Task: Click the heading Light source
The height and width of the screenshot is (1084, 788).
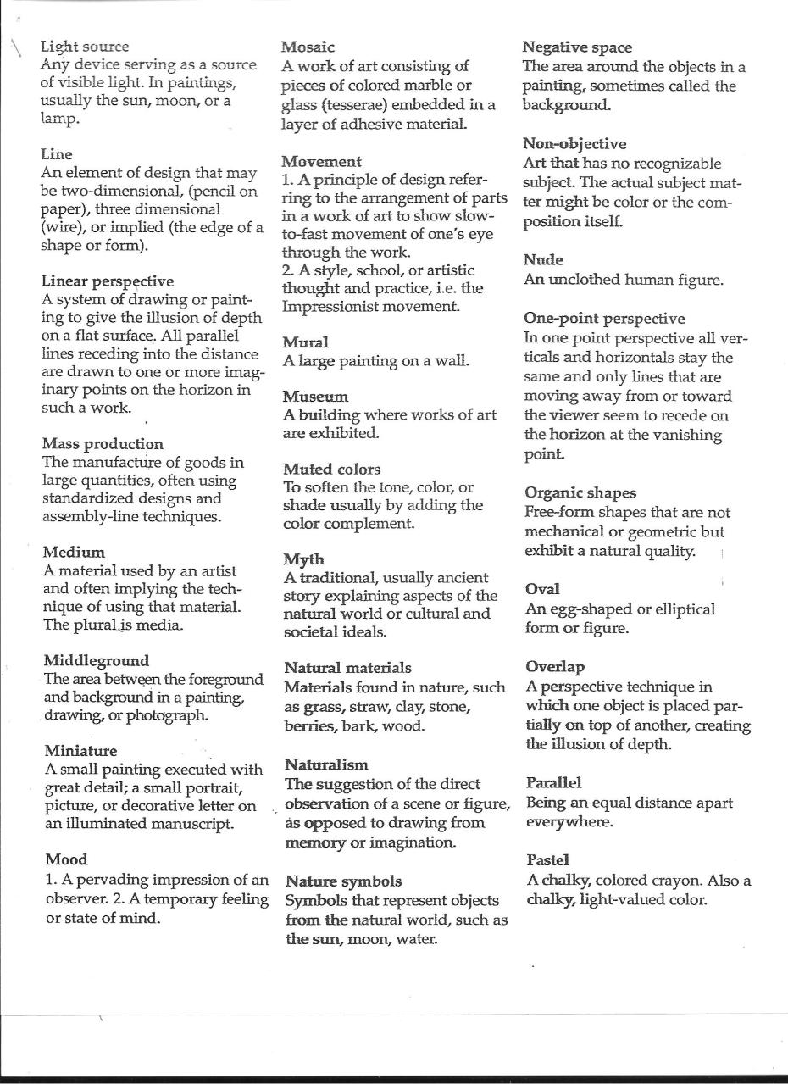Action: click(x=85, y=47)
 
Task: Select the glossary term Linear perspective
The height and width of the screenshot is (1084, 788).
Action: click(x=108, y=281)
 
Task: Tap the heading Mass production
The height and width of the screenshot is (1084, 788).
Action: click(x=103, y=443)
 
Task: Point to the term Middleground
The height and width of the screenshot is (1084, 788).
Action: click(x=96, y=660)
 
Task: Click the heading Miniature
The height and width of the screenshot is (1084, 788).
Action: click(x=80, y=750)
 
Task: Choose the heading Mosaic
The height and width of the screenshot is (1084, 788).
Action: click(x=308, y=47)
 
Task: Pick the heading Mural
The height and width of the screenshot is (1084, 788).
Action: click(x=305, y=342)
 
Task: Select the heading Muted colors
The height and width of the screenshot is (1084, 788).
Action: click(x=331, y=469)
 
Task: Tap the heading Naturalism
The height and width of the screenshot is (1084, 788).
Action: click(x=326, y=764)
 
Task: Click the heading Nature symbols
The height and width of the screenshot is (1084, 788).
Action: click(x=343, y=881)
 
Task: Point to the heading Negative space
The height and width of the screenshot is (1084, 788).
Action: click(x=577, y=47)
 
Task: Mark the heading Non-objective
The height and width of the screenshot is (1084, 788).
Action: click(x=574, y=143)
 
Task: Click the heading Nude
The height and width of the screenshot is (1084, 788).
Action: click(x=543, y=259)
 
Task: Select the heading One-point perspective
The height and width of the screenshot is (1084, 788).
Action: click(x=604, y=319)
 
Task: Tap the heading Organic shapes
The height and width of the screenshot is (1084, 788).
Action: click(x=580, y=492)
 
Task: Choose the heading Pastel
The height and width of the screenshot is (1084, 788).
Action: click(x=547, y=860)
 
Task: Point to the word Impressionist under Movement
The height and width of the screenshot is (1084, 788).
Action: click(x=326, y=307)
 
